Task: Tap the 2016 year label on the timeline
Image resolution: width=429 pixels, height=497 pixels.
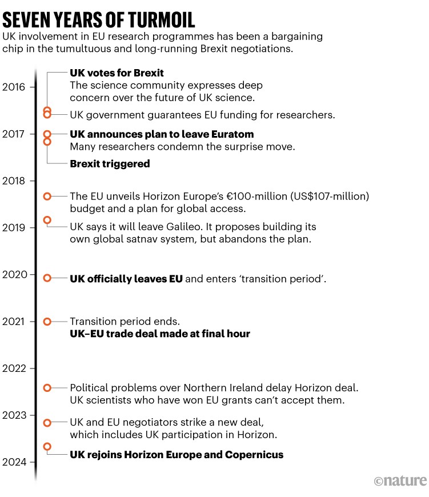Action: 14,87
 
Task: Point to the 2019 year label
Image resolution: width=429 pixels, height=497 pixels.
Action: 14,228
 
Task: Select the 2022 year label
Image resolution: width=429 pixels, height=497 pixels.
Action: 14,368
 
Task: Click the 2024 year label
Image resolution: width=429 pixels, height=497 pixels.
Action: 14,462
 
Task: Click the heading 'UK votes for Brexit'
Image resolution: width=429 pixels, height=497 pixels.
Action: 117,73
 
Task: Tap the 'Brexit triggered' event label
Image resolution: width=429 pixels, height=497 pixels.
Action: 110,164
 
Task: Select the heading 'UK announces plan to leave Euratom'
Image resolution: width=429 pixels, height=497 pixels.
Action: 162,134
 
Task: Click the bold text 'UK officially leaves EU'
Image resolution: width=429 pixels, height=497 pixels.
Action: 126,279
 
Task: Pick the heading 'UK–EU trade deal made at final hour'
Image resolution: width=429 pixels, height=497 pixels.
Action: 160,334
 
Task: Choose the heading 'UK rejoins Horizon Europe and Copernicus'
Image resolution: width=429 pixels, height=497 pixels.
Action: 177,455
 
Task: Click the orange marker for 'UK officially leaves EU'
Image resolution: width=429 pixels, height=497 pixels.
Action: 47,278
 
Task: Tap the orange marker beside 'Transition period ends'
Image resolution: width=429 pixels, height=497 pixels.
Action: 47,322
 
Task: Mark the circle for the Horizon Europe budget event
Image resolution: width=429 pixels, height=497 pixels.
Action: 47,196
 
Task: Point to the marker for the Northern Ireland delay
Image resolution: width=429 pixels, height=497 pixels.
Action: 47,388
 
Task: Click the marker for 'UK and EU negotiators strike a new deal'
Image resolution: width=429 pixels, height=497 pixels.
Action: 47,423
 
